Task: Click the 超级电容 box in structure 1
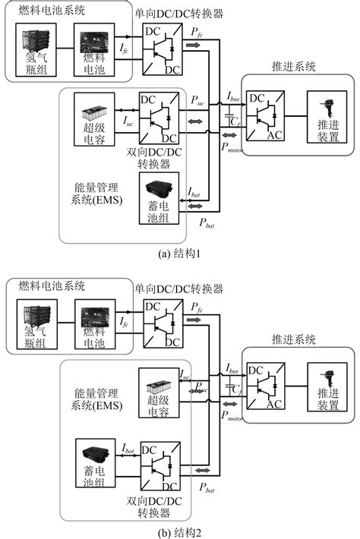tap(97, 118)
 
